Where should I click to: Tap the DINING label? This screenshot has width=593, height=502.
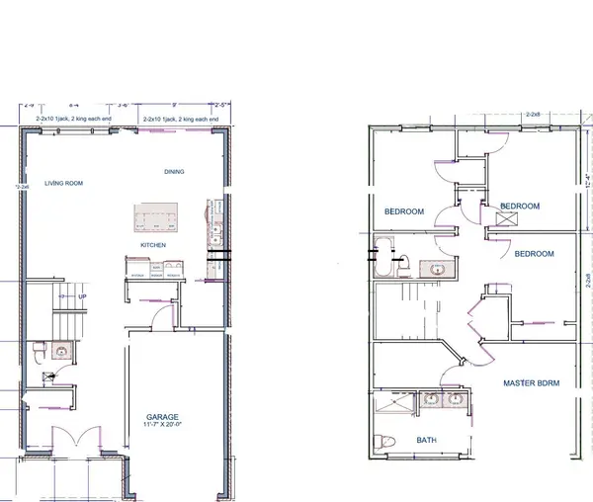[x=174, y=172]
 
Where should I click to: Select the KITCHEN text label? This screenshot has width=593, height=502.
[x=152, y=244]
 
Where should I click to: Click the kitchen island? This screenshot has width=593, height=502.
[x=157, y=217]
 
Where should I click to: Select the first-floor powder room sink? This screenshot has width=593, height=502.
[x=59, y=350]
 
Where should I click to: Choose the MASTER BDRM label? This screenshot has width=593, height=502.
[x=532, y=382]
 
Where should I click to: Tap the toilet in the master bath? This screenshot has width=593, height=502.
[x=386, y=440]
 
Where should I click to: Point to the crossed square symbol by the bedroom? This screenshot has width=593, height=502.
[x=487, y=219]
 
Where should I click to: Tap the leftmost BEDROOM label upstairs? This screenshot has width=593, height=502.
[x=404, y=211]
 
